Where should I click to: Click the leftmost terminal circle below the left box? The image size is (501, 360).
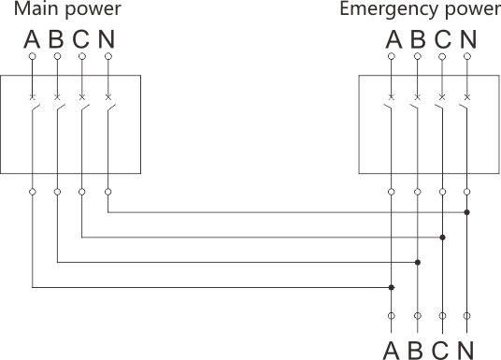pyautogui.click(x=32, y=193)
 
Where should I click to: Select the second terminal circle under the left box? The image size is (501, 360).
pyautogui.click(x=57, y=193)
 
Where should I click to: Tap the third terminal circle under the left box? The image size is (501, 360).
pyautogui.click(x=82, y=193)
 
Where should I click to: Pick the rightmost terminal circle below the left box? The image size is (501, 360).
pyautogui.click(x=108, y=193)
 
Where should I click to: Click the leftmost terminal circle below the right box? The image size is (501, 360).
pyautogui.click(x=391, y=193)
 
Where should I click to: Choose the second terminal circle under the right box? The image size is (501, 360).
pyautogui.click(x=416, y=193)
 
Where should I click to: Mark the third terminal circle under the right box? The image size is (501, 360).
pyautogui.click(x=442, y=193)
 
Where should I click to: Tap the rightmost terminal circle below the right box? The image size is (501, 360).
pyautogui.click(x=467, y=193)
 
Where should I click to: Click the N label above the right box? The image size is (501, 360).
pyautogui.click(x=466, y=43)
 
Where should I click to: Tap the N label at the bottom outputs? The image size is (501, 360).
pyautogui.click(x=466, y=349)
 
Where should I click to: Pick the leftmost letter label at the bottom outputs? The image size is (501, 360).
pyautogui.click(x=391, y=349)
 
